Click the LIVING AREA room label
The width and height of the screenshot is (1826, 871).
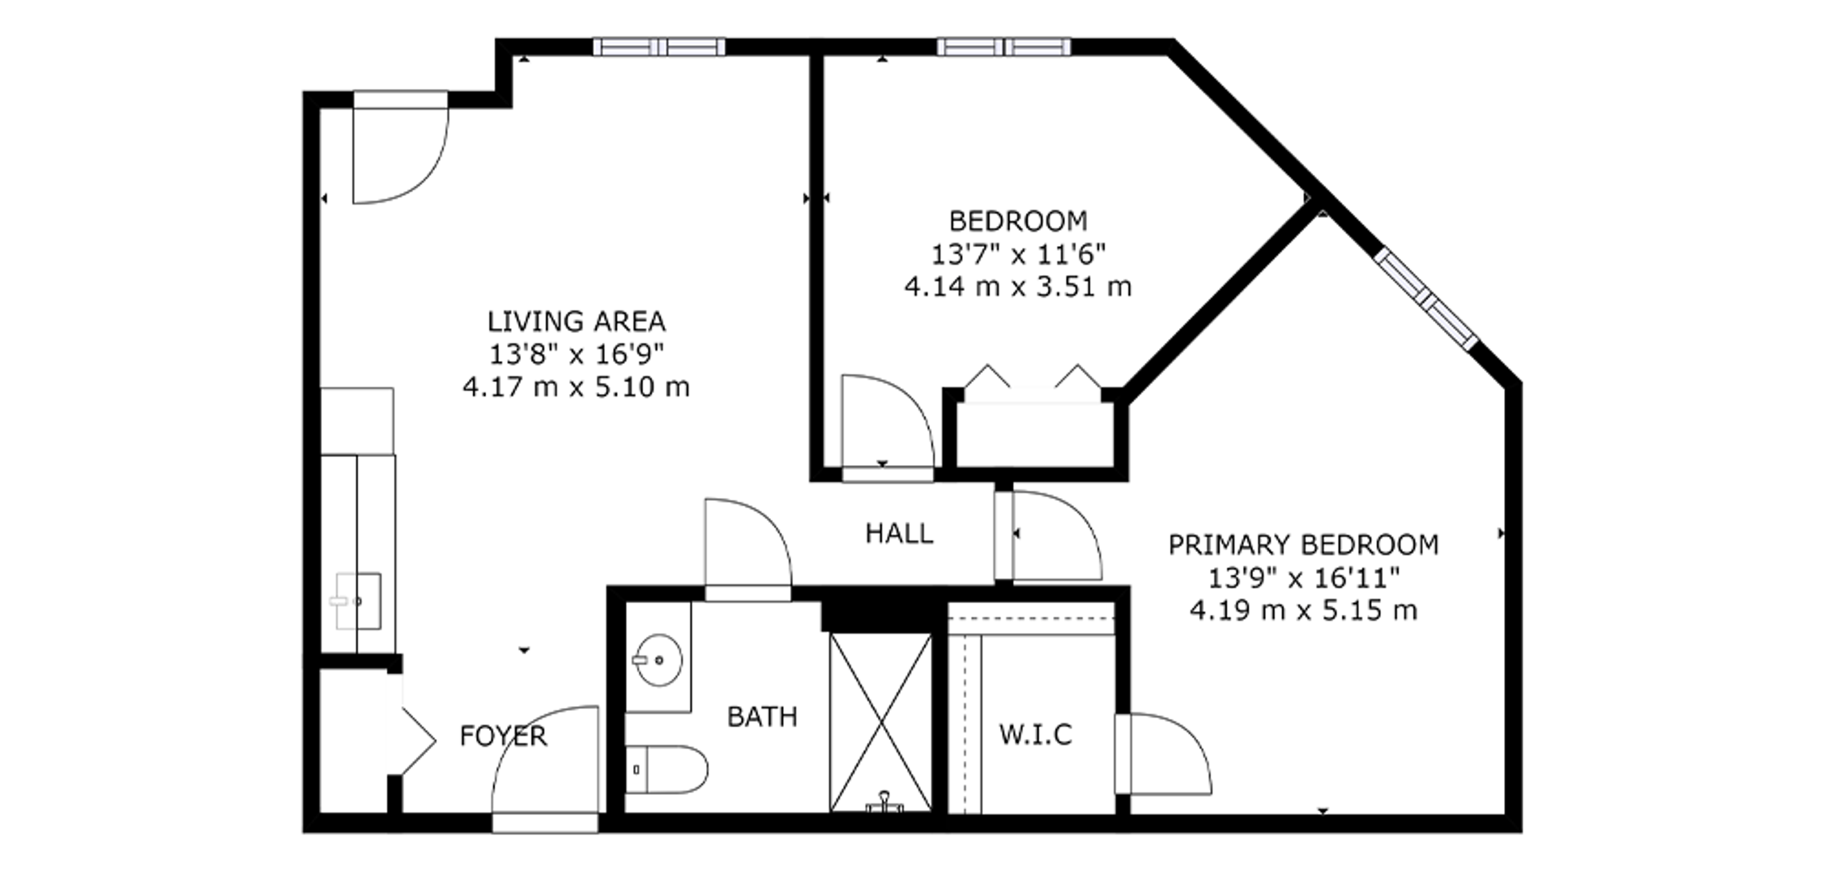[576, 322]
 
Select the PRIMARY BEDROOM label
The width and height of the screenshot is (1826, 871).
[1303, 545]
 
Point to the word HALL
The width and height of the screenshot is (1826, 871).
[899, 533]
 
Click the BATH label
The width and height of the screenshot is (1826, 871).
[762, 717]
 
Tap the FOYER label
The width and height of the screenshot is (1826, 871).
[503, 736]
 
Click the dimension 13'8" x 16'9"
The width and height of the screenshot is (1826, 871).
[576, 354]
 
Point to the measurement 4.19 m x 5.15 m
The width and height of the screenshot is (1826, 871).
[1303, 610]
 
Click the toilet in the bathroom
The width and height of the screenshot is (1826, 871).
[666, 769]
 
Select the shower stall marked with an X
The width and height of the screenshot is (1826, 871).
[880, 722]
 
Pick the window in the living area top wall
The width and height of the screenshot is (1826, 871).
[659, 47]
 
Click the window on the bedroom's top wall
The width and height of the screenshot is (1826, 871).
[1004, 47]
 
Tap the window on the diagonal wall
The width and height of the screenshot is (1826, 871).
[1426, 299]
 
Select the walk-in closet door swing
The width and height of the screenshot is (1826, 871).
[1163, 754]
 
